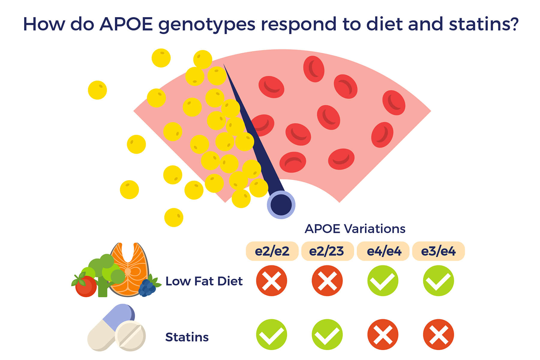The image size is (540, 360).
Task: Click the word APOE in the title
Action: [126, 24]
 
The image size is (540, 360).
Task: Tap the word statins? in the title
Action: [484, 24]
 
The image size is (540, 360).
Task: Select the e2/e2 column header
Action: [272, 251]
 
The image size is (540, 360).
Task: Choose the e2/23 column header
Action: [327, 251]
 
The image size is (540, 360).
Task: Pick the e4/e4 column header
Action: [383, 251]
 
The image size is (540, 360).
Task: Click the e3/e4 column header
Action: [439, 251]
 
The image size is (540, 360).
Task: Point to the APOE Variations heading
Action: [355, 229]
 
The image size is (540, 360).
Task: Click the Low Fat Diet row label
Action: [204, 281]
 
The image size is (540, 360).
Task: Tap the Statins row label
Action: [187, 337]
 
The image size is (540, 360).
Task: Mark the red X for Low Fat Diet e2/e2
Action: [271, 280]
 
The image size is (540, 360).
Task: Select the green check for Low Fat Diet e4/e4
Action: [383, 280]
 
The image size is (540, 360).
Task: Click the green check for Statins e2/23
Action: [327, 334]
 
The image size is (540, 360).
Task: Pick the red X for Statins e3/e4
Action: [438, 334]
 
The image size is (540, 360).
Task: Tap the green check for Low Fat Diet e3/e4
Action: [438, 280]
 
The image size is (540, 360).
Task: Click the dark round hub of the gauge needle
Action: [281, 205]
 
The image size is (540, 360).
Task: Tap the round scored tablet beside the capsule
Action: [130, 336]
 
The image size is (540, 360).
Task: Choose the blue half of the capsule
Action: [119, 316]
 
